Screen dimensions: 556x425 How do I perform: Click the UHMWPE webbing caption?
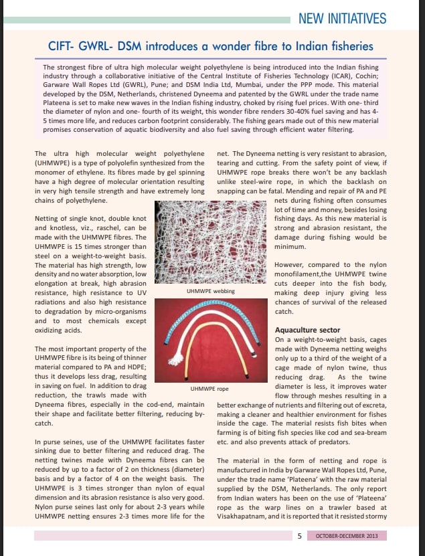click(209, 292)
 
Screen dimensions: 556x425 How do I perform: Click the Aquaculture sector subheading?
click(307, 331)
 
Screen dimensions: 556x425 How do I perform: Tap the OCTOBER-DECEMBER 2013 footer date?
click(347, 537)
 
